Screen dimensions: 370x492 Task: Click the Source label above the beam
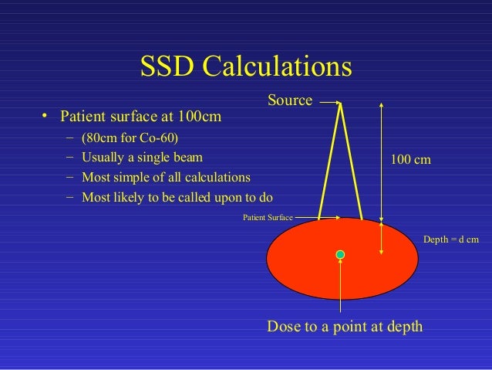pos(290,100)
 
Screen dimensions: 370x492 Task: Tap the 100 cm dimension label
pos(410,159)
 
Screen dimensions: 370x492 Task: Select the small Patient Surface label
pos(268,218)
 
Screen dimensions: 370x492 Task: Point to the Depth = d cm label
pos(451,240)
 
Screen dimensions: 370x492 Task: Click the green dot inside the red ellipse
pos(340,254)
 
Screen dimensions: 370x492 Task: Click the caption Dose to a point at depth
pos(345,327)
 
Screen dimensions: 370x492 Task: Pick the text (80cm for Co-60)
pos(130,140)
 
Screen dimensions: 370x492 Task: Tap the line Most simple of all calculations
pos(166,177)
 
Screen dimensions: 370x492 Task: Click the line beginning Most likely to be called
pos(177,195)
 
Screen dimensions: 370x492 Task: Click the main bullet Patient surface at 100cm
pos(141,117)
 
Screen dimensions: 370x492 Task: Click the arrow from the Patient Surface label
pos(306,218)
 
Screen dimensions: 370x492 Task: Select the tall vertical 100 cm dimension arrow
pos(382,176)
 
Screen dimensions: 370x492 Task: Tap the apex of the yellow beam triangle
pos(340,103)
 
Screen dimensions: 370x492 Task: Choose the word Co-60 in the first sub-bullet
pos(161,140)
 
